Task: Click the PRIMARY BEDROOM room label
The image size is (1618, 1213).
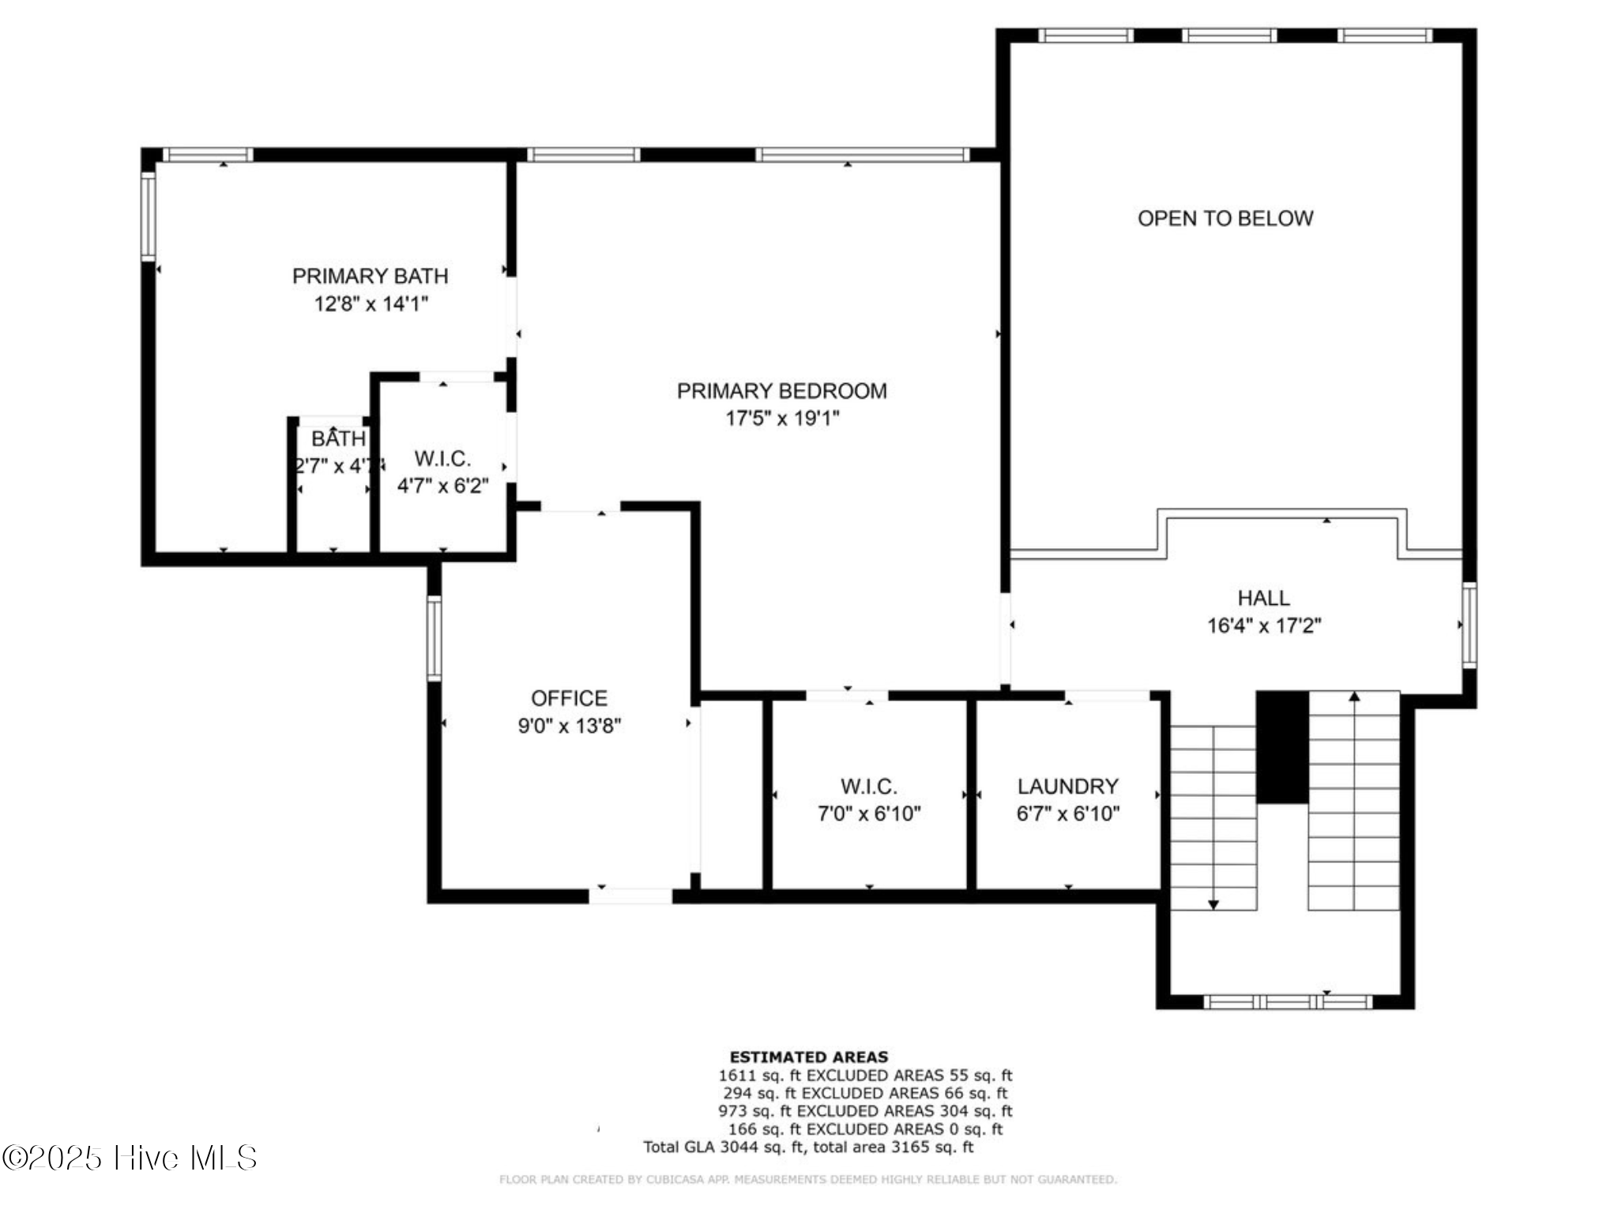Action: (781, 391)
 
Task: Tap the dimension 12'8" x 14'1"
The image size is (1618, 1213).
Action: (371, 304)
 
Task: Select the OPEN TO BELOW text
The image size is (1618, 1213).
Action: (1225, 219)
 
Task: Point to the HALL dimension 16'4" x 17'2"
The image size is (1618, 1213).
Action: (1263, 626)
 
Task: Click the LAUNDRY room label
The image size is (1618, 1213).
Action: (1067, 787)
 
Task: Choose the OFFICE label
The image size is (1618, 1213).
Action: (569, 698)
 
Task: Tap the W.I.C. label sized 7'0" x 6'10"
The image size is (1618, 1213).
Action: (868, 787)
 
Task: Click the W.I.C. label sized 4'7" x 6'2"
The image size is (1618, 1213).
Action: (442, 459)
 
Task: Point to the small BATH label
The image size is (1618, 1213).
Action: (338, 439)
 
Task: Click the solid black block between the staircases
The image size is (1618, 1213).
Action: (1281, 747)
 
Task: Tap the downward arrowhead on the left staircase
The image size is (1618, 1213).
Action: (1213, 904)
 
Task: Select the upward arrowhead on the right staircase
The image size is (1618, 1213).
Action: (1354, 697)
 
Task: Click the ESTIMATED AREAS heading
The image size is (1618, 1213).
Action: (808, 1057)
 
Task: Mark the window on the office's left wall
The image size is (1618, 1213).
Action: (434, 638)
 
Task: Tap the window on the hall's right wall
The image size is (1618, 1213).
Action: (1469, 625)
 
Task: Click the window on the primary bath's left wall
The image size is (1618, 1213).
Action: (148, 216)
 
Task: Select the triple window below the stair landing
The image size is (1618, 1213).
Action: (1288, 1002)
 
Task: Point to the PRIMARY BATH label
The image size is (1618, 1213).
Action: (370, 276)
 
